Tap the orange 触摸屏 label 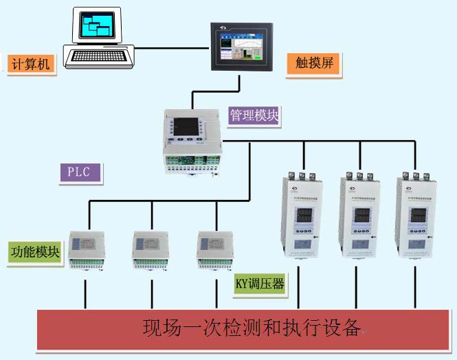(x=313, y=65)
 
